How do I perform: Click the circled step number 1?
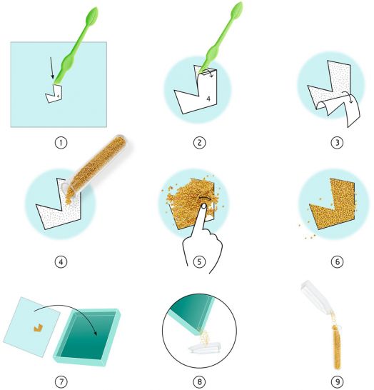coord(61,143)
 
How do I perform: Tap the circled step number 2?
coord(199,143)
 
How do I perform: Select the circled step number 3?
coord(337,143)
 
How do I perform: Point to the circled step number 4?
coord(61,261)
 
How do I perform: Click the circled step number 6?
coord(337,261)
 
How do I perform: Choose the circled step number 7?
coord(61,381)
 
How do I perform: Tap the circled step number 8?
coord(199,381)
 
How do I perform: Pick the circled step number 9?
coord(337,381)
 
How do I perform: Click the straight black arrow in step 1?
coord(51,68)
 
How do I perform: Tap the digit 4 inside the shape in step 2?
coord(208,99)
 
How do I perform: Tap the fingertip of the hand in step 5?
coord(204,206)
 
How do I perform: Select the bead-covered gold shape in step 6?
coord(332,204)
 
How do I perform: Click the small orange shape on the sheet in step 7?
coord(38,328)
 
